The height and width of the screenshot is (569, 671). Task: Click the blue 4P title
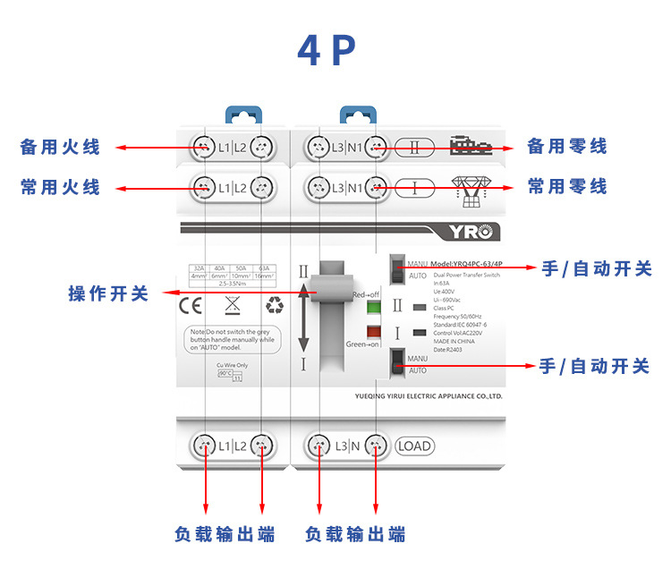(327, 51)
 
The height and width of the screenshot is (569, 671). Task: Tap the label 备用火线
(60, 147)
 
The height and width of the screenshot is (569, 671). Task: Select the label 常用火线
(60, 187)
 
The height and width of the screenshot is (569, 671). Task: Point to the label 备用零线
(567, 147)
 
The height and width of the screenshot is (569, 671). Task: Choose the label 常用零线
(567, 187)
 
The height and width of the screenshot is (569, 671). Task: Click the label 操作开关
(108, 293)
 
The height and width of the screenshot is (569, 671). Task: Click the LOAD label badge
(413, 446)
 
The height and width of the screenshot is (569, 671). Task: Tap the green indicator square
(374, 309)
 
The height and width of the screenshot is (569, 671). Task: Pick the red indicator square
(374, 332)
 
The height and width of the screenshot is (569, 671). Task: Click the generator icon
(468, 147)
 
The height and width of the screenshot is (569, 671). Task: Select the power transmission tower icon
(468, 187)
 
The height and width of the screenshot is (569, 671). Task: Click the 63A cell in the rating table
(263, 268)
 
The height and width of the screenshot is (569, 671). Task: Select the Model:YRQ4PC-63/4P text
(467, 265)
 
